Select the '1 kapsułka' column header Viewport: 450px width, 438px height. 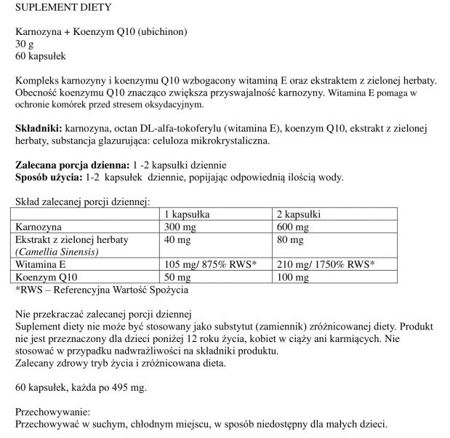click(x=188, y=215)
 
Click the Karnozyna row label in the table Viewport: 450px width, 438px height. click(x=42, y=227)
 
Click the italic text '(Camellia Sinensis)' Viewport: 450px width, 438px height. click(x=61, y=252)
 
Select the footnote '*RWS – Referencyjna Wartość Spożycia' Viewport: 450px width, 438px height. click(x=101, y=290)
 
